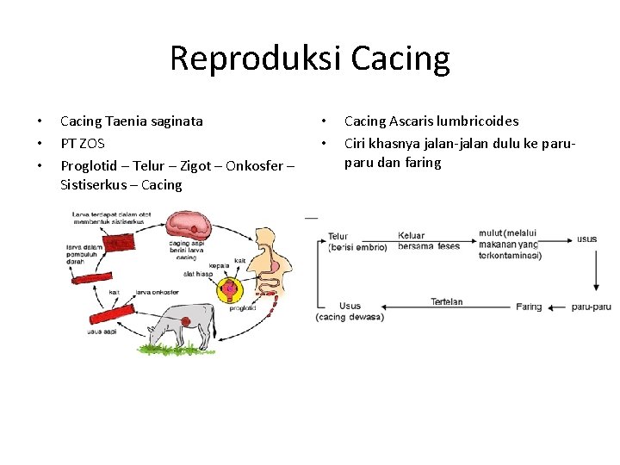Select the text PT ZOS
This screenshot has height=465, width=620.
click(x=82, y=143)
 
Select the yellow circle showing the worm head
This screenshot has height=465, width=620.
click(x=231, y=294)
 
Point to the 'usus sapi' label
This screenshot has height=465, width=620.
click(x=101, y=332)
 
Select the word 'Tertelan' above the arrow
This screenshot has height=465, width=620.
click(x=447, y=301)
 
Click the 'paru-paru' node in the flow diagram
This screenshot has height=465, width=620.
click(x=591, y=307)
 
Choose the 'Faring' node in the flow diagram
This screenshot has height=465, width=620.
click(x=529, y=307)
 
